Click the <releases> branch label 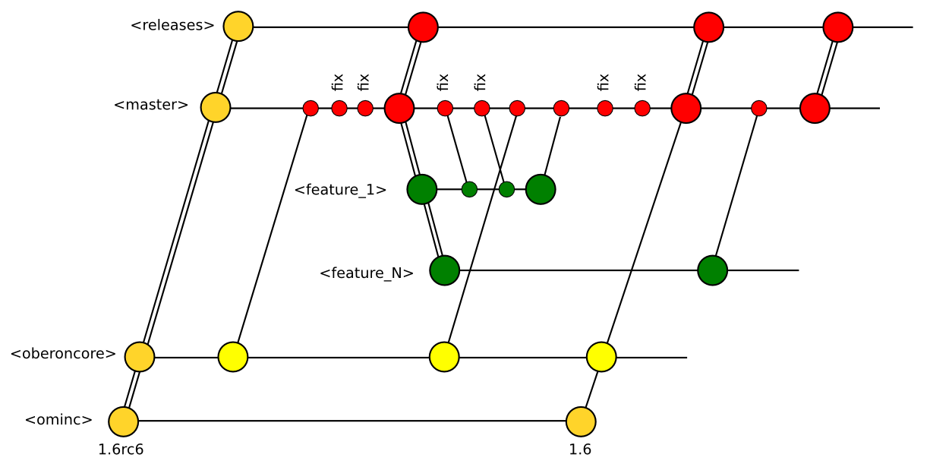173,26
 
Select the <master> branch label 151,105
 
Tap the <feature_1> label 341,190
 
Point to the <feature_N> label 367,273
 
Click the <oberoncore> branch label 63,354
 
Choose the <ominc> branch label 59,420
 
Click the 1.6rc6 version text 121,449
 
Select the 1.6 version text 580,449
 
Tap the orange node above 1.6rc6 123,421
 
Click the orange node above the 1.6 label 581,421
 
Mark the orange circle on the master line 216,108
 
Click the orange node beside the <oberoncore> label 140,356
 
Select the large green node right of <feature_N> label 444,270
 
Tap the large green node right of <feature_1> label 421,189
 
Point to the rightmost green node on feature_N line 712,270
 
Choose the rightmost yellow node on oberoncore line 601,356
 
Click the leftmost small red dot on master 311,108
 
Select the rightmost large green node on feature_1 541,189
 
